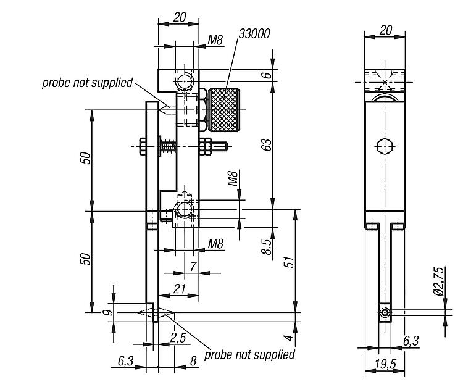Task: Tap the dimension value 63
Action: pos(266,146)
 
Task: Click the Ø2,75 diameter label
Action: pos(439,281)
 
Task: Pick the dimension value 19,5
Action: pos(385,364)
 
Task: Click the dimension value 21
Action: pos(180,289)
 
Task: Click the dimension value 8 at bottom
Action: pos(193,360)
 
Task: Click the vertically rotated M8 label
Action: pos(233,179)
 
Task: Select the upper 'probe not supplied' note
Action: pos(87,82)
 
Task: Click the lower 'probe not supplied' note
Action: pos(249,354)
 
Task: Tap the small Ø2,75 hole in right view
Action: pos(385,313)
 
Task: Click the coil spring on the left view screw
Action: pos(167,147)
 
